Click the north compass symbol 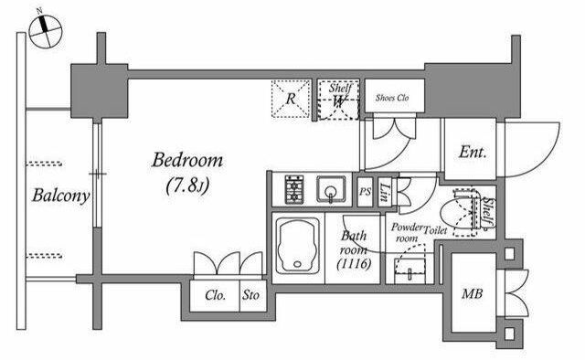(45, 31)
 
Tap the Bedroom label (187, 161)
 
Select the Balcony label (61, 196)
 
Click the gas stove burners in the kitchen (294, 189)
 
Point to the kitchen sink (331, 189)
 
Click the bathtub (298, 246)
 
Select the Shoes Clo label (392, 98)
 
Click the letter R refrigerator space (291, 99)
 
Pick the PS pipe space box (366, 191)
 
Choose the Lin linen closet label (385, 193)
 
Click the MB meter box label (472, 293)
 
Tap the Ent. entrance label (473, 153)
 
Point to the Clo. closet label (216, 295)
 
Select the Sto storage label (250, 295)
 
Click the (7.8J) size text (187, 185)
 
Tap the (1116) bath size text (354, 264)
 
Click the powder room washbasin (409, 269)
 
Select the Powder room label (407, 232)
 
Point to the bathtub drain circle (297, 264)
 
